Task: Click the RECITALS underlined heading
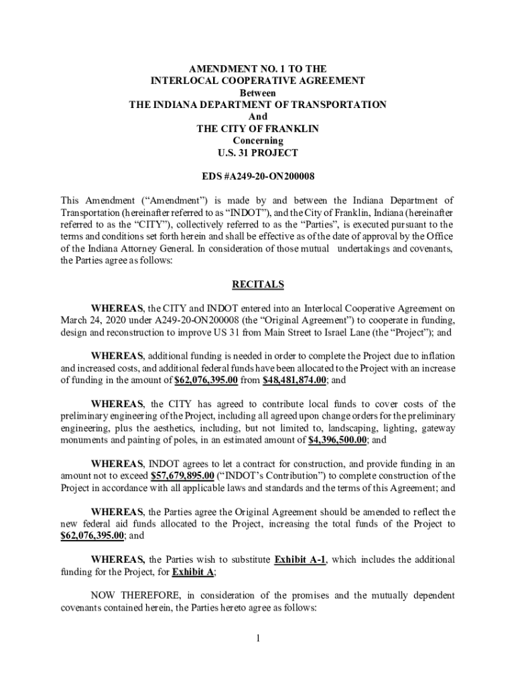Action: click(x=258, y=285)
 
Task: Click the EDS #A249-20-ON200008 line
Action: click(x=258, y=176)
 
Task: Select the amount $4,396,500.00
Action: click(x=337, y=440)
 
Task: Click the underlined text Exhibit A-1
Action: click(x=301, y=560)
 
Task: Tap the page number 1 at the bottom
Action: click(x=257, y=637)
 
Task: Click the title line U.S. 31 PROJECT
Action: click(x=258, y=153)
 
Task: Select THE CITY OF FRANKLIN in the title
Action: click(x=258, y=129)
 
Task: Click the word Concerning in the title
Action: click(x=258, y=141)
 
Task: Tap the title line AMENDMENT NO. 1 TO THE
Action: click(x=258, y=68)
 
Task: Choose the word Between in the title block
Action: click(x=258, y=93)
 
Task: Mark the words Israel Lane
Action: click(x=364, y=331)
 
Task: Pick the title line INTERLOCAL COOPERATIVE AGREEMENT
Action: click(x=258, y=81)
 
